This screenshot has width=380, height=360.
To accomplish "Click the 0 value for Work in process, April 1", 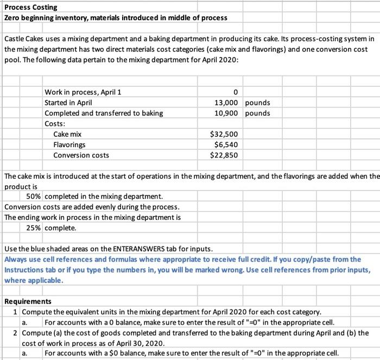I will pyautogui.click(x=234, y=92).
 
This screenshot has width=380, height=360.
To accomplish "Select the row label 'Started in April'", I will pyautogui.click(x=68, y=103).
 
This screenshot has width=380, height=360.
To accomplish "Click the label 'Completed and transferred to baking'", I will pyautogui.click(x=103, y=113).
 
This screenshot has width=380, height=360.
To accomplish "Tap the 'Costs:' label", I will pyautogui.click(x=55, y=123).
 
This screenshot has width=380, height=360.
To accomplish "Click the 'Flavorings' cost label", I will pyautogui.click(x=69, y=145).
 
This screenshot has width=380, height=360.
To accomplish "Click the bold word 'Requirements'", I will pyautogui.click(x=28, y=301).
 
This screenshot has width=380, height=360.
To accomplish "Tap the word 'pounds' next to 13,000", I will pyautogui.click(x=258, y=103).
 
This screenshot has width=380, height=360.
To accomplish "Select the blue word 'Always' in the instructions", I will pyautogui.click(x=16, y=260).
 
